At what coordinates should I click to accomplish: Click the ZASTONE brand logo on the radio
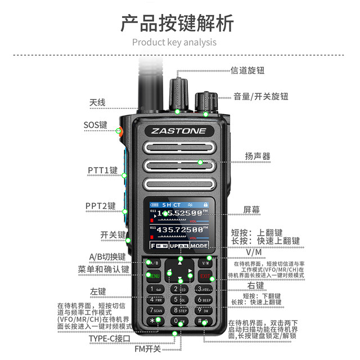coord(179,131)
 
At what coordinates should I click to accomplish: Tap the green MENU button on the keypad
coord(153,276)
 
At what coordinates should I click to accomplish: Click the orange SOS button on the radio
coord(119,132)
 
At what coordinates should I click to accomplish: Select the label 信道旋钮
coord(247,71)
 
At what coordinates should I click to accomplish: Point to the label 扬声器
coord(258,156)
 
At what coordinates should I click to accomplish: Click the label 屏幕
coord(251,209)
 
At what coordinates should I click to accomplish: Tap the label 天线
coord(97,103)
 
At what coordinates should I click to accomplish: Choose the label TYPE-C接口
coord(109,339)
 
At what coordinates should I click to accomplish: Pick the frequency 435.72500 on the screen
coord(179,229)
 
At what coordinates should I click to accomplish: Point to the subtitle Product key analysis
coord(174,42)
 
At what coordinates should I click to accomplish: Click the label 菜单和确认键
coord(103,269)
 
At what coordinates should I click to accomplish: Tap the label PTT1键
coord(102,169)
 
